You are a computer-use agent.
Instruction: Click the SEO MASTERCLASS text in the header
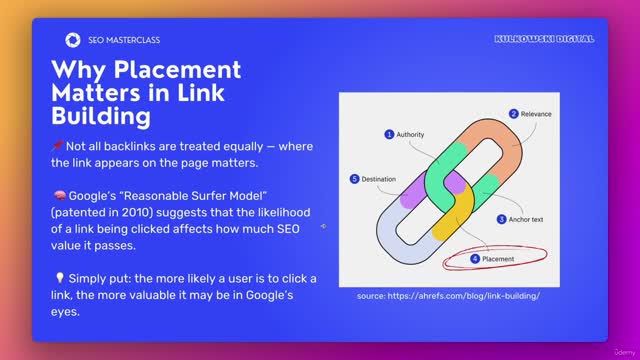[x=123, y=40]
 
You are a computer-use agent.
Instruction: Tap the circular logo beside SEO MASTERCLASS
[x=73, y=40]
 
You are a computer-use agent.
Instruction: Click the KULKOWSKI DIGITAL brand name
[x=544, y=39]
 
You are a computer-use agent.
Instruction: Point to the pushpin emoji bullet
[x=57, y=146]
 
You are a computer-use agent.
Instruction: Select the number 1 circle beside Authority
[x=389, y=134]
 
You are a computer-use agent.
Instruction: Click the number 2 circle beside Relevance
[x=514, y=114]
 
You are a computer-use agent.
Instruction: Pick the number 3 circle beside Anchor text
[x=501, y=219]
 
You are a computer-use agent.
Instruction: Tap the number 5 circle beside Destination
[x=354, y=179]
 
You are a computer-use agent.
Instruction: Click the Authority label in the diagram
[x=411, y=134]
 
